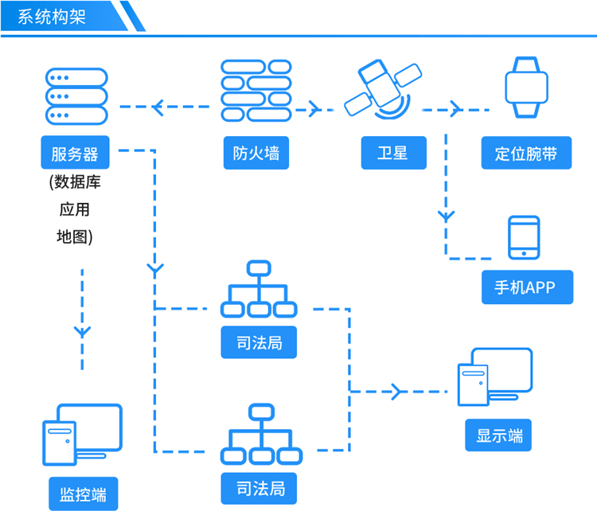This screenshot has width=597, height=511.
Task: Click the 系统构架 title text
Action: [x=52, y=16]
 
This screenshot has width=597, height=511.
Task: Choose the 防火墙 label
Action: [x=256, y=153]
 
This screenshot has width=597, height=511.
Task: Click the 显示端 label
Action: [x=499, y=435]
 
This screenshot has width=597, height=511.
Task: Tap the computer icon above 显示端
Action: [x=494, y=377]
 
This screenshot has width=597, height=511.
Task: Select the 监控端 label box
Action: [x=83, y=492]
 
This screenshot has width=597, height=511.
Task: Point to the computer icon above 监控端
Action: [x=82, y=435]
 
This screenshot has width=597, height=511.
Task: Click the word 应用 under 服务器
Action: [x=75, y=209]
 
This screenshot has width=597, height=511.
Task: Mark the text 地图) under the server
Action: [x=75, y=236]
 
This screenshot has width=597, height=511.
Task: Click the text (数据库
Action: [x=75, y=182]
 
